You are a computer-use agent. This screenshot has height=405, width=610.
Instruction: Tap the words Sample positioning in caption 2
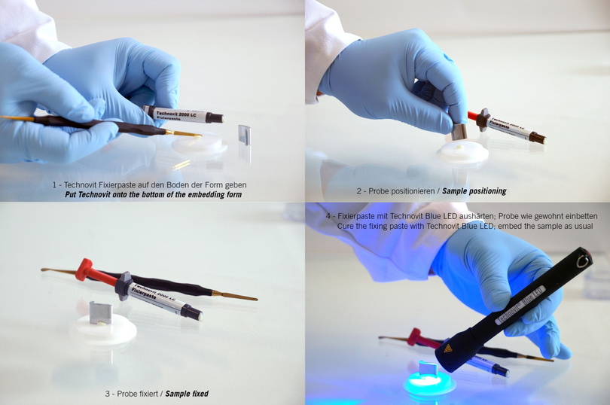click(474, 191)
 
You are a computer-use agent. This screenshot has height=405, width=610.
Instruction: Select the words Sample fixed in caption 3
click(187, 394)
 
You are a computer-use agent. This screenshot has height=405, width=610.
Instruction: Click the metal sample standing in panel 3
click(101, 312)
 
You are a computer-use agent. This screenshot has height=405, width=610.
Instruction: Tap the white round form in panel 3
click(103, 330)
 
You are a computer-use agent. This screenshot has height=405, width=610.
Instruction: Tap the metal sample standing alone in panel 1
click(244, 135)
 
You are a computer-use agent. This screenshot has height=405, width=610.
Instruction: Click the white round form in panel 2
click(462, 153)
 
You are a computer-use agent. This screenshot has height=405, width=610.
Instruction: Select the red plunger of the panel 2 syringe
click(473, 116)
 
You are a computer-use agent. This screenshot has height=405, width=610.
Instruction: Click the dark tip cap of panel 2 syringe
click(538, 138)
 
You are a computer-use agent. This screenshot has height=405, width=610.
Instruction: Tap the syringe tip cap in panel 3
click(193, 312)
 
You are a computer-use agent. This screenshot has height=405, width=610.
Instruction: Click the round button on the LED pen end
click(582, 261)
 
